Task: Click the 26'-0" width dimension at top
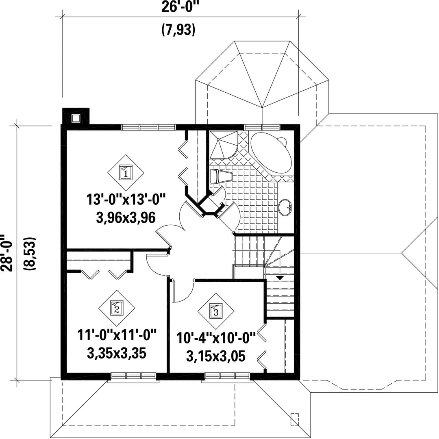178,7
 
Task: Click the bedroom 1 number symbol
126,173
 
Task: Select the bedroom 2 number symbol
117,308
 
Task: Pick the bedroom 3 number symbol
215,311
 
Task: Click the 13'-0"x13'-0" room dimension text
126,200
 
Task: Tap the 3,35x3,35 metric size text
117,353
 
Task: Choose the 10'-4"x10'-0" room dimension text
216,338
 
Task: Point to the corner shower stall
224,145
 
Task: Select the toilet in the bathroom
221,176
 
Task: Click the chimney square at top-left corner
76,118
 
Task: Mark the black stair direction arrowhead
280,278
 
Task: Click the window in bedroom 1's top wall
148,127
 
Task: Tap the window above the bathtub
262,127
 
